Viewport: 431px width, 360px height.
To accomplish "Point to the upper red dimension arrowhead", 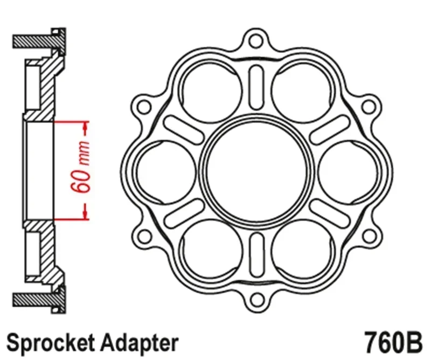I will pos(85,126).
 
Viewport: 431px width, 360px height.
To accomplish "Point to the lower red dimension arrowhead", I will pos(85,213).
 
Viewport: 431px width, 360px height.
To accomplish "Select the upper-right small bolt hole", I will pos(370,104).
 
